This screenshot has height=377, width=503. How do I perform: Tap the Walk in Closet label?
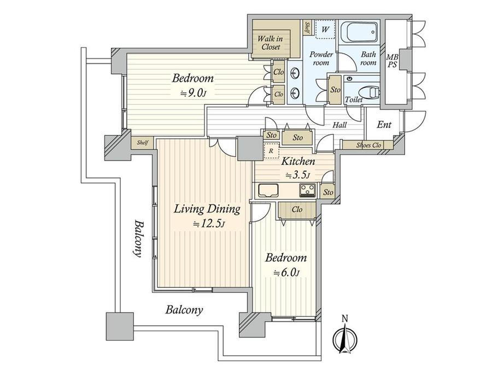coord(270,43)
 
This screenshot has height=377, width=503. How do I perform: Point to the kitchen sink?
coord(268,191)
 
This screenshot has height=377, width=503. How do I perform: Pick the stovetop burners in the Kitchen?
coord(307,191)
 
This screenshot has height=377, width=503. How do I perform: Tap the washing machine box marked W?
coord(325,29)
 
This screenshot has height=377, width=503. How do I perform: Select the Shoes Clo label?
coord(368,145)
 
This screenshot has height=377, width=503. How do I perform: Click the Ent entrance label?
coord(384,125)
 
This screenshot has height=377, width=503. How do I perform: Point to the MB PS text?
coord(393,61)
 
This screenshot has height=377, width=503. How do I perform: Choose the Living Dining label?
coord(207,209)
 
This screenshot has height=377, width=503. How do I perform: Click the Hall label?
coord(340,125)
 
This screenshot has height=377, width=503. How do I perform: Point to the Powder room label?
coord(321,58)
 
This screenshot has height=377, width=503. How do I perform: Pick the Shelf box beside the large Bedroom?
coord(143,143)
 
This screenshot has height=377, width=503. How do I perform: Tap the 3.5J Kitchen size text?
coord(298,175)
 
